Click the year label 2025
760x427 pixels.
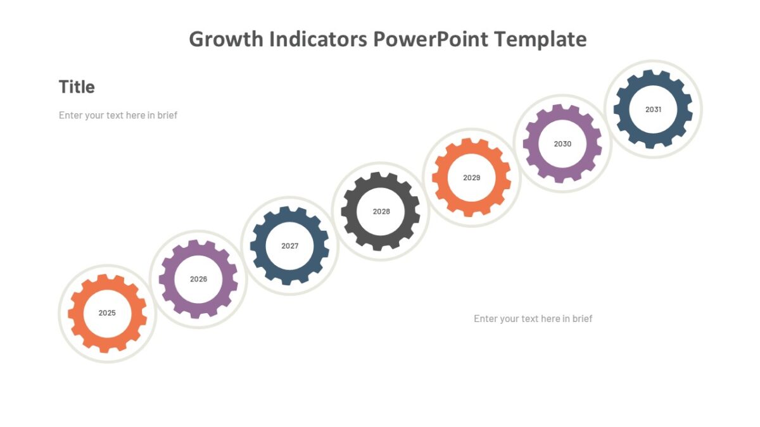tap(107, 313)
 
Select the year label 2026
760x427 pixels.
tap(198, 279)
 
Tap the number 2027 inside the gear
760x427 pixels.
tap(289, 245)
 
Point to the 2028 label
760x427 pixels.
tap(381, 211)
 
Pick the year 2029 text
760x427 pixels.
tap(472, 178)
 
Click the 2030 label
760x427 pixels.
tap(562, 144)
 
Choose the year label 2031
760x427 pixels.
tap(653, 109)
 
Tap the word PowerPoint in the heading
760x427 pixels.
tap(431, 39)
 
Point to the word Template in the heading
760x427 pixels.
tap(540, 39)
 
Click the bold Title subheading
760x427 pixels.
tap(77, 87)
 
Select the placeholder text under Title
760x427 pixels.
tap(118, 115)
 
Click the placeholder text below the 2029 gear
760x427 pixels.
tap(533, 319)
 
